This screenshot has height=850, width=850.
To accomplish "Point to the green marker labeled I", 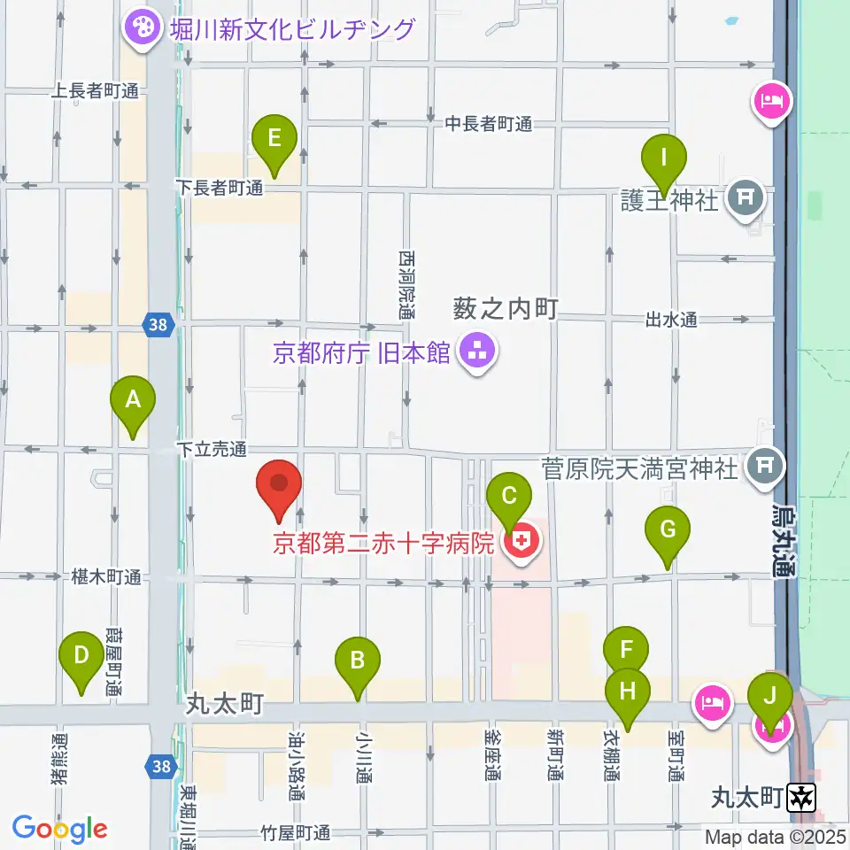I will click(x=664, y=160).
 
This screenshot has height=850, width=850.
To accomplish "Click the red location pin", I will click(x=279, y=487).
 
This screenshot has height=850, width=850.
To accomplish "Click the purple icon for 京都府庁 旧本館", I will click(x=478, y=354).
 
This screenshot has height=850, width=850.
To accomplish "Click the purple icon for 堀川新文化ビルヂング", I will click(x=140, y=28).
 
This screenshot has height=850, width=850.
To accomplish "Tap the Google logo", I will click(x=60, y=829).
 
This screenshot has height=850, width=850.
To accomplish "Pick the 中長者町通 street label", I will click(x=489, y=124).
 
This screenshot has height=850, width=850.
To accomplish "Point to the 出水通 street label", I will click(x=671, y=321).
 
